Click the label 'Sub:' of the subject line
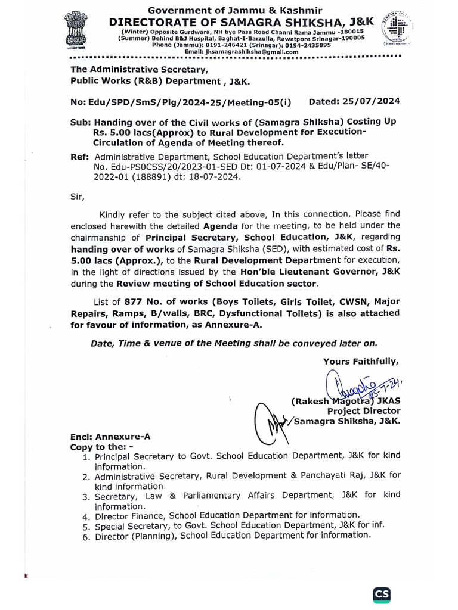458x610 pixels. [x=80, y=121]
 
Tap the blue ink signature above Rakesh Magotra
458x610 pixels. [x=358, y=388]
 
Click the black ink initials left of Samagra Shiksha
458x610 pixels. [x=270, y=416]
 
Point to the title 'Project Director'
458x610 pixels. [x=364, y=411]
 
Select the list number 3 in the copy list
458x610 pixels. [x=86, y=496]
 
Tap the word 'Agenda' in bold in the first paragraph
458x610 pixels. [x=220, y=226]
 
